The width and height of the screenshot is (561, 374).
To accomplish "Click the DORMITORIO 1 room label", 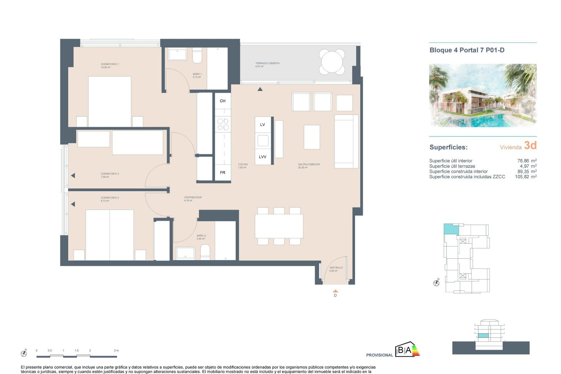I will [x=110, y=64].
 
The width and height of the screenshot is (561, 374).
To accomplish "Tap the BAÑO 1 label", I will [x=197, y=74].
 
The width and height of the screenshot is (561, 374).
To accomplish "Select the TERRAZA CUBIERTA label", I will [x=267, y=63].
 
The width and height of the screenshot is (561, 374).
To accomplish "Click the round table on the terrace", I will [x=332, y=62].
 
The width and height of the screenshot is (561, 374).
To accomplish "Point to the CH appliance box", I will [x=223, y=101].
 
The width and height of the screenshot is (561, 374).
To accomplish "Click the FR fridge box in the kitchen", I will [x=223, y=173].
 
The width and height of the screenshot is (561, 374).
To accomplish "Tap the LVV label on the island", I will [x=262, y=157].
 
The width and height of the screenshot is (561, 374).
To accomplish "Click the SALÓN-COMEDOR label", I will [x=309, y=165].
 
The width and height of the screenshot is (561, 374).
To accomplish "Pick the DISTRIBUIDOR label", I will [x=193, y=198].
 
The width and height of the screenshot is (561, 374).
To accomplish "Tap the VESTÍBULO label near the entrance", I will [x=336, y=268].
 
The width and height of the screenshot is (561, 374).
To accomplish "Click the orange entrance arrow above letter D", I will [x=335, y=291].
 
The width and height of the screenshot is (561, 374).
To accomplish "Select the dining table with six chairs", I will [x=279, y=226].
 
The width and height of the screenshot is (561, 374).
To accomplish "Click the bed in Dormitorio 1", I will [x=110, y=101].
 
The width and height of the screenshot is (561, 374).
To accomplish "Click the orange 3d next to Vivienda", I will [x=530, y=146].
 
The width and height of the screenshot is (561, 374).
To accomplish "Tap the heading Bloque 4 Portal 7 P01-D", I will [x=467, y=50].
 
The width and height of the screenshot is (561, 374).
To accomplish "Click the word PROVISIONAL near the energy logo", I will [x=379, y=355].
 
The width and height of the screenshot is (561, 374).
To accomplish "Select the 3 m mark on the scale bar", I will [x=116, y=351].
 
